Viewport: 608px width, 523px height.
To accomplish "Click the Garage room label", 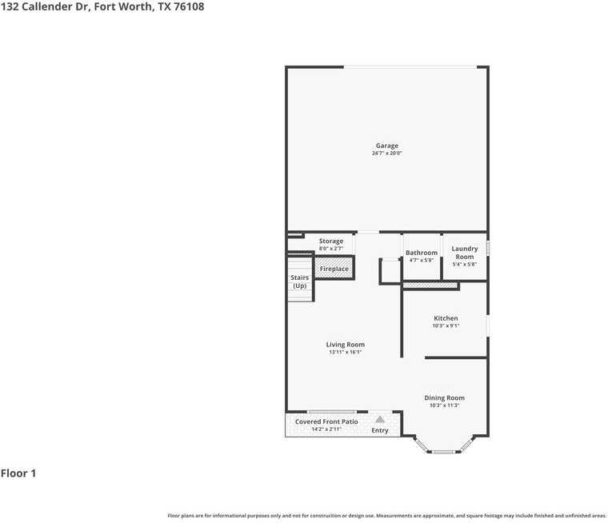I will pyautogui.click(x=387, y=146).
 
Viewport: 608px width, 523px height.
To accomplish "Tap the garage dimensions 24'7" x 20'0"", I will pyautogui.click(x=387, y=153).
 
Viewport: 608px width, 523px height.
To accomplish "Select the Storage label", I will pyautogui.click(x=331, y=241).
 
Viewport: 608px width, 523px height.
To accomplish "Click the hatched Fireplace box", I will pyautogui.click(x=334, y=269).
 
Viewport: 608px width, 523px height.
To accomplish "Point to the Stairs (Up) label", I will pyautogui.click(x=299, y=281).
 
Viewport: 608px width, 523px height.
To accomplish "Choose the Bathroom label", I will pyautogui.click(x=422, y=253).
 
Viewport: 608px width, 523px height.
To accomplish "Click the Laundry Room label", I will pyautogui.click(x=465, y=253).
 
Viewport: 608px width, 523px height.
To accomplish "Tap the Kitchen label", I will pyautogui.click(x=446, y=318).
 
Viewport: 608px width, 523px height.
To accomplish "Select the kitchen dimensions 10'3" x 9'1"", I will pyautogui.click(x=446, y=325).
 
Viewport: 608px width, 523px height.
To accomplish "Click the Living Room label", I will pyautogui.click(x=346, y=345).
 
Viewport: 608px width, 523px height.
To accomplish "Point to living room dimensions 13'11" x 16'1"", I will pyautogui.click(x=346, y=352).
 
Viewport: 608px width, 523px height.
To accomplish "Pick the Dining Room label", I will pyautogui.click(x=445, y=397).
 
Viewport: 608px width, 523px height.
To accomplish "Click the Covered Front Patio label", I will pyautogui.click(x=326, y=421).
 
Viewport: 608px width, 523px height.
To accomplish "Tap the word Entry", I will pyautogui.click(x=380, y=430).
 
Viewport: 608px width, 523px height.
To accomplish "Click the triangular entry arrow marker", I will pyautogui.click(x=380, y=418).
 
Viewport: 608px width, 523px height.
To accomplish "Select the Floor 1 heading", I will pyautogui.click(x=18, y=473).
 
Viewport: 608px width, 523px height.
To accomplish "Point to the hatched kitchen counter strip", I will pyautogui.click(x=430, y=285).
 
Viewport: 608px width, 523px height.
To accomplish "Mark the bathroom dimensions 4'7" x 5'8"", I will pyautogui.click(x=422, y=260).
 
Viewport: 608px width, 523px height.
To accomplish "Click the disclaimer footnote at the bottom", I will pyautogui.click(x=386, y=516).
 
